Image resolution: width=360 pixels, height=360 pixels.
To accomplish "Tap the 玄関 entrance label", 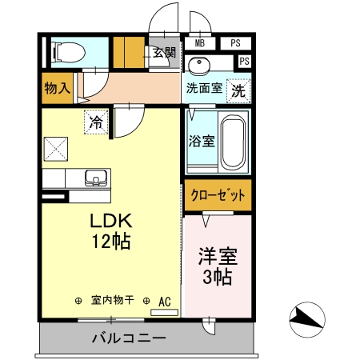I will coord(165,53).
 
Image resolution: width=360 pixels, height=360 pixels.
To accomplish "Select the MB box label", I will coord(199,43).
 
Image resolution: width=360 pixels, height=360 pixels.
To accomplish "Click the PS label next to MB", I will coord(235,43).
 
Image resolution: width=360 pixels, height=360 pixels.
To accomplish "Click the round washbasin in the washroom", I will coord(200,64).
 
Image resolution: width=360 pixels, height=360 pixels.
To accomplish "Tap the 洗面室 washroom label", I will coord(205,88).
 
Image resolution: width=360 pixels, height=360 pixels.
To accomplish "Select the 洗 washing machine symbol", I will coord(238,90).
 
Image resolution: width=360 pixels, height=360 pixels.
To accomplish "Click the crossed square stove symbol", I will coord(56,148).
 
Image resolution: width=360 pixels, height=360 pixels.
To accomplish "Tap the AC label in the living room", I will coord(165,301).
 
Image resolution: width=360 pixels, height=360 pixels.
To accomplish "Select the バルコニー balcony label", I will coord(128,338).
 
